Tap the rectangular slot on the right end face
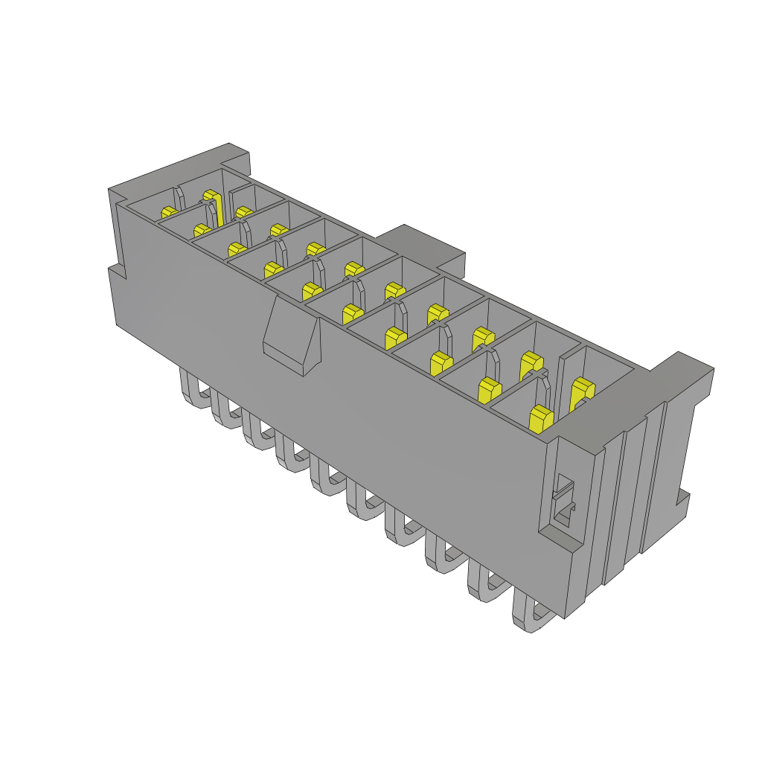pos(563,501)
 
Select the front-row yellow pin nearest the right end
pos(541,418)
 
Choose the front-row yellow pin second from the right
pos(489,390)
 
